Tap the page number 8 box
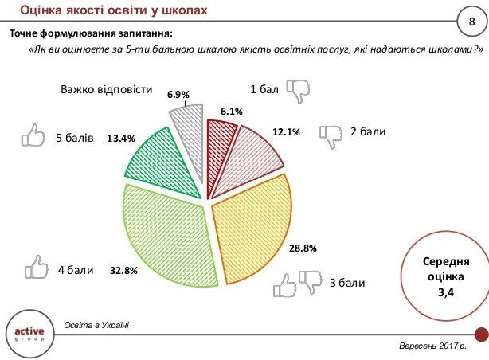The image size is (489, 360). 471,20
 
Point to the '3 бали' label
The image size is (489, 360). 346,282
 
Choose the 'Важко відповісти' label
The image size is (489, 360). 106,89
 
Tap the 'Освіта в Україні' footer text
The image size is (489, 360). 96,324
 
